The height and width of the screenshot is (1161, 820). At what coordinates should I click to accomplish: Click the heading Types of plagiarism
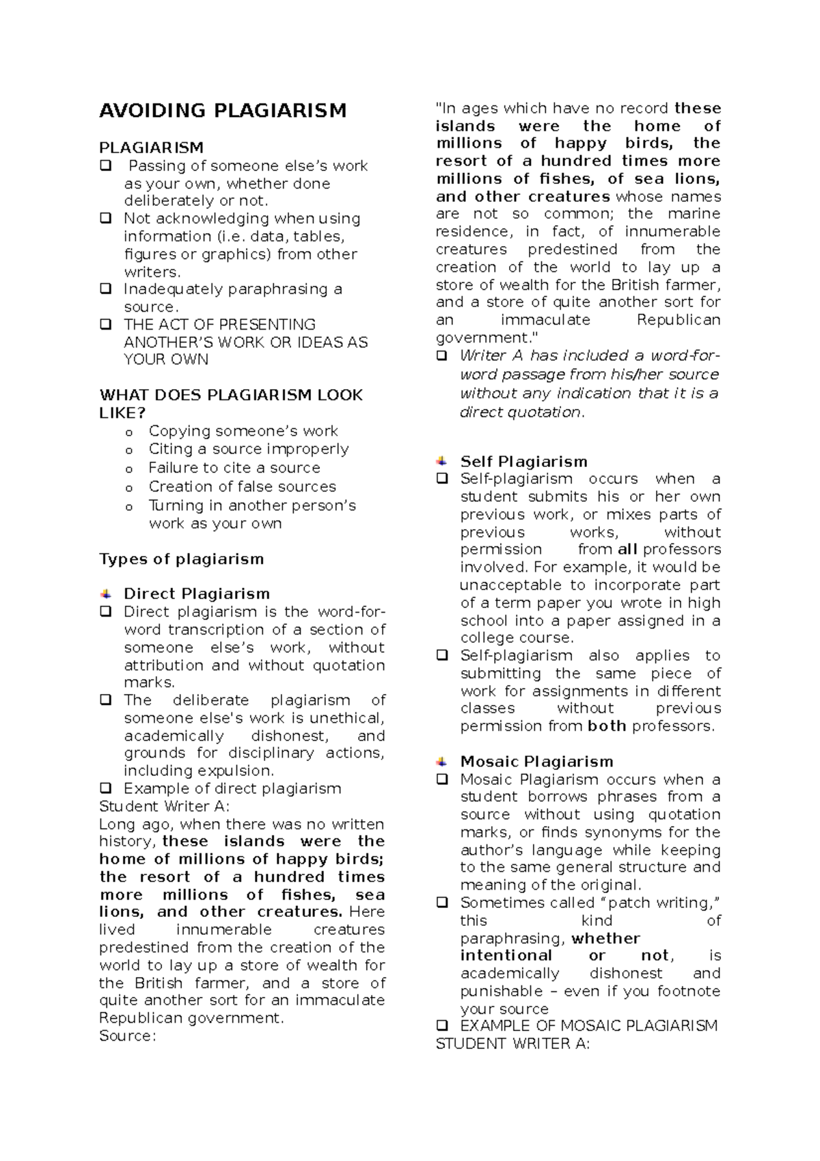pos(181,559)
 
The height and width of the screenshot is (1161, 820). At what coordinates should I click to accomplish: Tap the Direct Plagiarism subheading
pos(196,593)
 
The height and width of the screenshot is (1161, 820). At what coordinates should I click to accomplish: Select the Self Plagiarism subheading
pos(523,462)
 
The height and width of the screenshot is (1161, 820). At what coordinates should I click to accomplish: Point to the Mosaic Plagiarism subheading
pos(536,762)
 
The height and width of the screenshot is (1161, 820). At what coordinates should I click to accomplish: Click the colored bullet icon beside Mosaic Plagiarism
pos(442,762)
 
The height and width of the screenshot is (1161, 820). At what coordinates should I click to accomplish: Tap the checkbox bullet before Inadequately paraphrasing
pos(106,289)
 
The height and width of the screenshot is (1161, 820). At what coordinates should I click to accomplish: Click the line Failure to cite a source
pos(234,468)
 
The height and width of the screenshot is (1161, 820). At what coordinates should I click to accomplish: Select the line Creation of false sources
pos(242,486)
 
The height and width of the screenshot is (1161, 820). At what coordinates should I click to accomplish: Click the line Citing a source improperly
pos(249,449)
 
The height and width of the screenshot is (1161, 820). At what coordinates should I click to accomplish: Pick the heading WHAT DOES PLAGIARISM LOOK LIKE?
pos(230,403)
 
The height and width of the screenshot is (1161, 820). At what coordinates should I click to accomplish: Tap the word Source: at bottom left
pos(128,1036)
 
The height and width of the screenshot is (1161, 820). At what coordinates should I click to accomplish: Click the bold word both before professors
pos(607,726)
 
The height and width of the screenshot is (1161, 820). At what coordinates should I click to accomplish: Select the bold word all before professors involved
pos(627,549)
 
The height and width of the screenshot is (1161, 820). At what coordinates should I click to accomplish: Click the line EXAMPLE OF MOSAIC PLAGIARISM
pos(588,1026)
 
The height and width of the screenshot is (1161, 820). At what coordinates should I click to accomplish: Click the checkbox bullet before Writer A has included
pos(442,356)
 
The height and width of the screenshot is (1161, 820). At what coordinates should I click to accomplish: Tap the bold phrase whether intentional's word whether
pos(605,938)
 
